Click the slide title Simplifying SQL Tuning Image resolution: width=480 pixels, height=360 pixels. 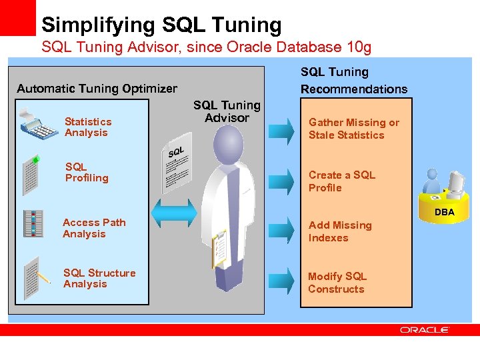pos(161,25)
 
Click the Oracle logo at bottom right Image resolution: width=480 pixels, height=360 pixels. pos(425,329)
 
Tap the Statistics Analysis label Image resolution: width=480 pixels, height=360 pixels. pos(88,127)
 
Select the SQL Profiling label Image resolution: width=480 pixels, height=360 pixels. pos(87,173)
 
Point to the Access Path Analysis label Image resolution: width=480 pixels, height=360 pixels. pos(94,228)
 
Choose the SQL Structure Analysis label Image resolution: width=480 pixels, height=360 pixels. pos(99,279)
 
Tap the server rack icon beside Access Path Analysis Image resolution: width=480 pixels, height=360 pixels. pos(33,224)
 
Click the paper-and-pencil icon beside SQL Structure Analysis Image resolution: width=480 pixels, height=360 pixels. pos(35,277)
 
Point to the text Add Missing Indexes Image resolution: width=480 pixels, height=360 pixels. pos(340,231)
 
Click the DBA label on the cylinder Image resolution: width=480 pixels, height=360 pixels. pos(445,213)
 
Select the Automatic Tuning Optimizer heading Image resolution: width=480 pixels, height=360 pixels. pos(97,89)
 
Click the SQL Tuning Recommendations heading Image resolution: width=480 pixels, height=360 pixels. pos(354,81)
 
